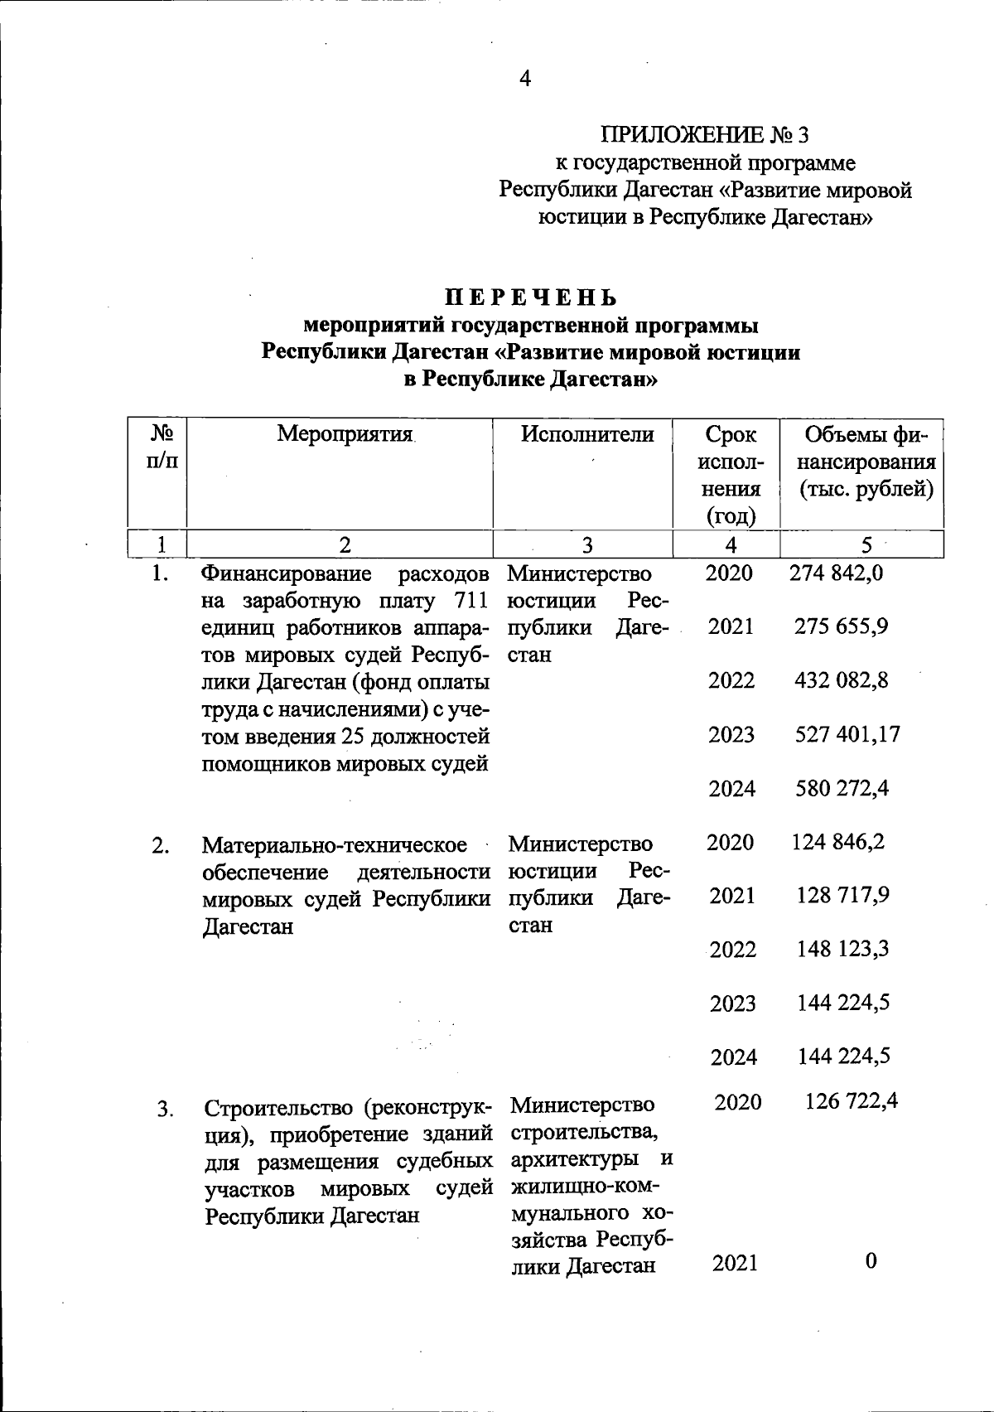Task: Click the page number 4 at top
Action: (524, 79)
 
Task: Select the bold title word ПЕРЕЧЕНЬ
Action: (531, 297)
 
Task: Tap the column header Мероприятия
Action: (345, 433)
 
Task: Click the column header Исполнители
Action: (587, 433)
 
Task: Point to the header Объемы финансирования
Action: (866, 462)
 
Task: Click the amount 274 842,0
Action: (837, 573)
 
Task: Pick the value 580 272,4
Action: (842, 788)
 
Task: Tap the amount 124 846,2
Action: (838, 842)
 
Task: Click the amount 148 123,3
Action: (842, 949)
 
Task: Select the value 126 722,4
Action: (852, 1101)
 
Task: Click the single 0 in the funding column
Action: (871, 1261)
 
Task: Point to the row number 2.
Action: (161, 846)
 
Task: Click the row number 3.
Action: (165, 1109)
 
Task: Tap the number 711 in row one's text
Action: (470, 601)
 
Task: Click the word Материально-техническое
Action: (335, 846)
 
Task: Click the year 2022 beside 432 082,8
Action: (731, 681)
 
